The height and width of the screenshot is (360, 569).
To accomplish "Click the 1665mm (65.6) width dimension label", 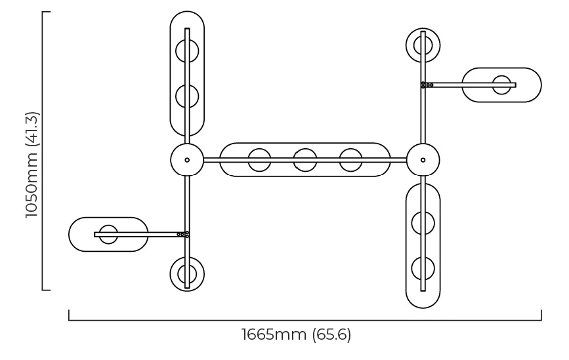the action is click(297, 334).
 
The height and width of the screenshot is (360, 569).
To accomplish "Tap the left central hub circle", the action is click(187, 160).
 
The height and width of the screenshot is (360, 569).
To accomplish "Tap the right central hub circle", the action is click(423, 160).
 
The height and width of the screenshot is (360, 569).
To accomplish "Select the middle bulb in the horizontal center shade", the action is click(305, 160).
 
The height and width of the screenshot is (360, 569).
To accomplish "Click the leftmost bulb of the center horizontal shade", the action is click(259, 160).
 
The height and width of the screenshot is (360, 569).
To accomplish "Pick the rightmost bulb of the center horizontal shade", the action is click(351, 160).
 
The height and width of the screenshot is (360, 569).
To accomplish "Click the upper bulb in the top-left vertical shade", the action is click(187, 50).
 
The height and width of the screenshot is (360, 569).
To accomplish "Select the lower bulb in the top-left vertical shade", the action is click(187, 96).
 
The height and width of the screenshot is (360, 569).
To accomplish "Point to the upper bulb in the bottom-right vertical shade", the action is click(423, 223).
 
